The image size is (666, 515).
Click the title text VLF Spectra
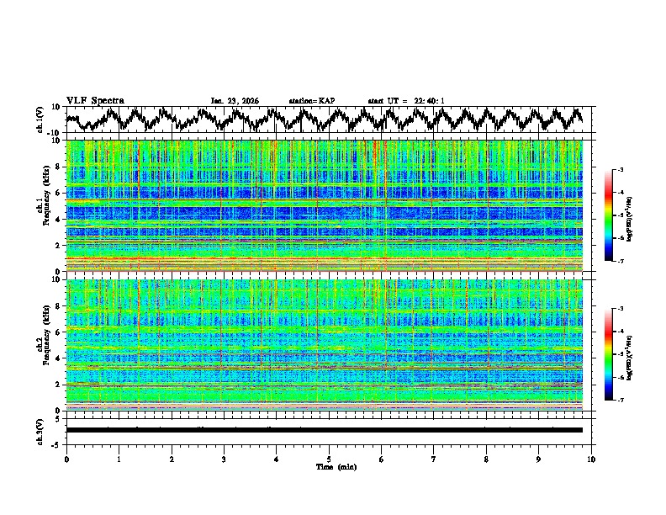pos(95,100)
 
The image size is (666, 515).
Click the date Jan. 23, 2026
pos(235,101)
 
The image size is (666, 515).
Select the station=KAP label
pos(311,101)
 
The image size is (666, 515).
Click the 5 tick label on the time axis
pos(329,459)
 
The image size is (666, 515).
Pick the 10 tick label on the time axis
pos(591,459)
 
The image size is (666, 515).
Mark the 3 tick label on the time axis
pos(224,459)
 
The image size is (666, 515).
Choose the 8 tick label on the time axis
pos(486,459)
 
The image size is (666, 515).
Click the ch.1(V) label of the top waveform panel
pos(40,119)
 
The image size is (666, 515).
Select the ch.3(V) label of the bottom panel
pos(40,430)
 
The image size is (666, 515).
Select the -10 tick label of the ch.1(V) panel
pos(53,133)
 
